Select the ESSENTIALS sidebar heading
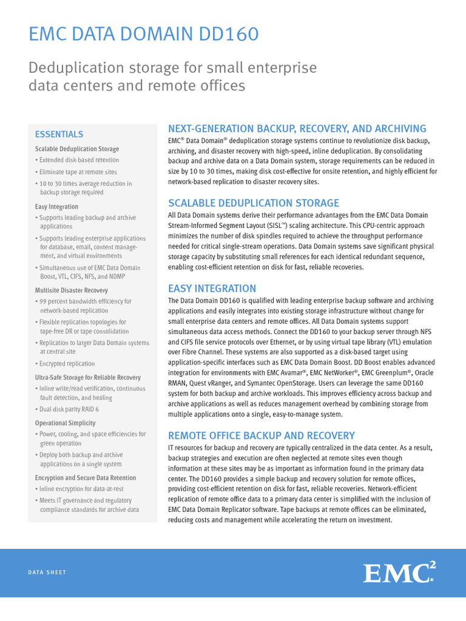coord(59,134)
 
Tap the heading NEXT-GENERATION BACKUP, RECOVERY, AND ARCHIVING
coord(297,129)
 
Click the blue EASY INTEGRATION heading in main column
coord(212,288)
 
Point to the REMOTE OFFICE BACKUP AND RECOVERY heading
coord(261,435)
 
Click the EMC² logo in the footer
coord(399,572)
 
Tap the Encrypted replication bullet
coord(67,363)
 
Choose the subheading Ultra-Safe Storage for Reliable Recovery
coord(87,377)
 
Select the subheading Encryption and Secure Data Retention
coord(86,478)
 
